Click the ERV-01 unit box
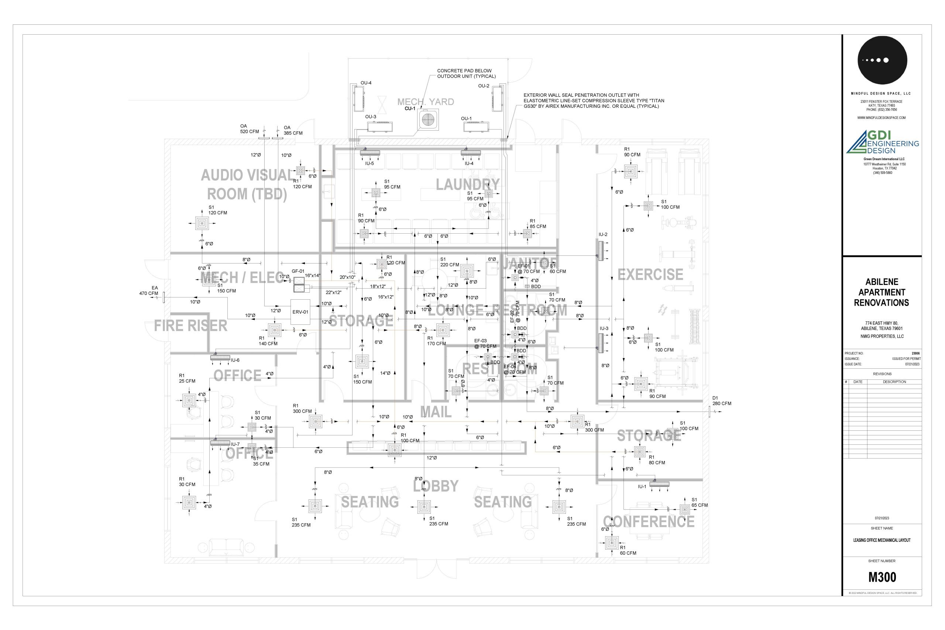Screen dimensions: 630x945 point(300,312)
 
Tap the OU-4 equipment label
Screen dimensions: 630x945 point(365,83)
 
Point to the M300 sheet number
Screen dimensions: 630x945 point(882,577)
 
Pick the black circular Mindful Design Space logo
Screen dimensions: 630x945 point(882,60)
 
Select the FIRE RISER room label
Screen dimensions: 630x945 point(190,326)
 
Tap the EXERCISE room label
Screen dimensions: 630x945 point(650,275)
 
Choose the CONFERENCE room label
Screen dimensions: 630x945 point(649,522)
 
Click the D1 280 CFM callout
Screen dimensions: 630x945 point(722,400)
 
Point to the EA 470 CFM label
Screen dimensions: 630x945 point(149,290)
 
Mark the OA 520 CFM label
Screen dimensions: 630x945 point(249,129)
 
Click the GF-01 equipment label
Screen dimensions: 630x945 point(298,271)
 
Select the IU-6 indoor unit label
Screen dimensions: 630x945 point(235,360)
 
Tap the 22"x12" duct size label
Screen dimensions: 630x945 point(333,293)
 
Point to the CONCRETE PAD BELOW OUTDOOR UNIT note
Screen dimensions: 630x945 point(466,73)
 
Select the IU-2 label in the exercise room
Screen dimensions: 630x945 point(603,235)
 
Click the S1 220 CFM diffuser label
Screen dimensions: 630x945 point(449,262)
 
